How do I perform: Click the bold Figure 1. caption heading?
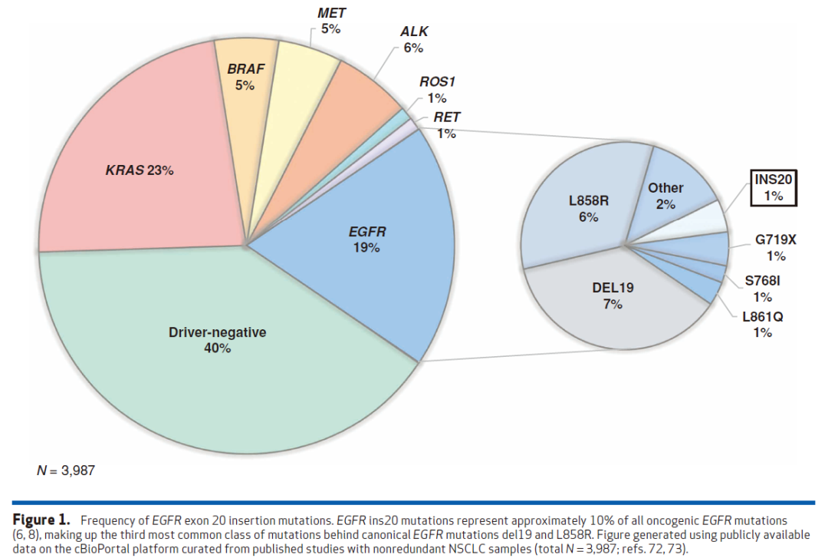pos(44,520)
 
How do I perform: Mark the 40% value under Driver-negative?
pos(218,348)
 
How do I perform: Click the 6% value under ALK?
pos(414,48)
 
